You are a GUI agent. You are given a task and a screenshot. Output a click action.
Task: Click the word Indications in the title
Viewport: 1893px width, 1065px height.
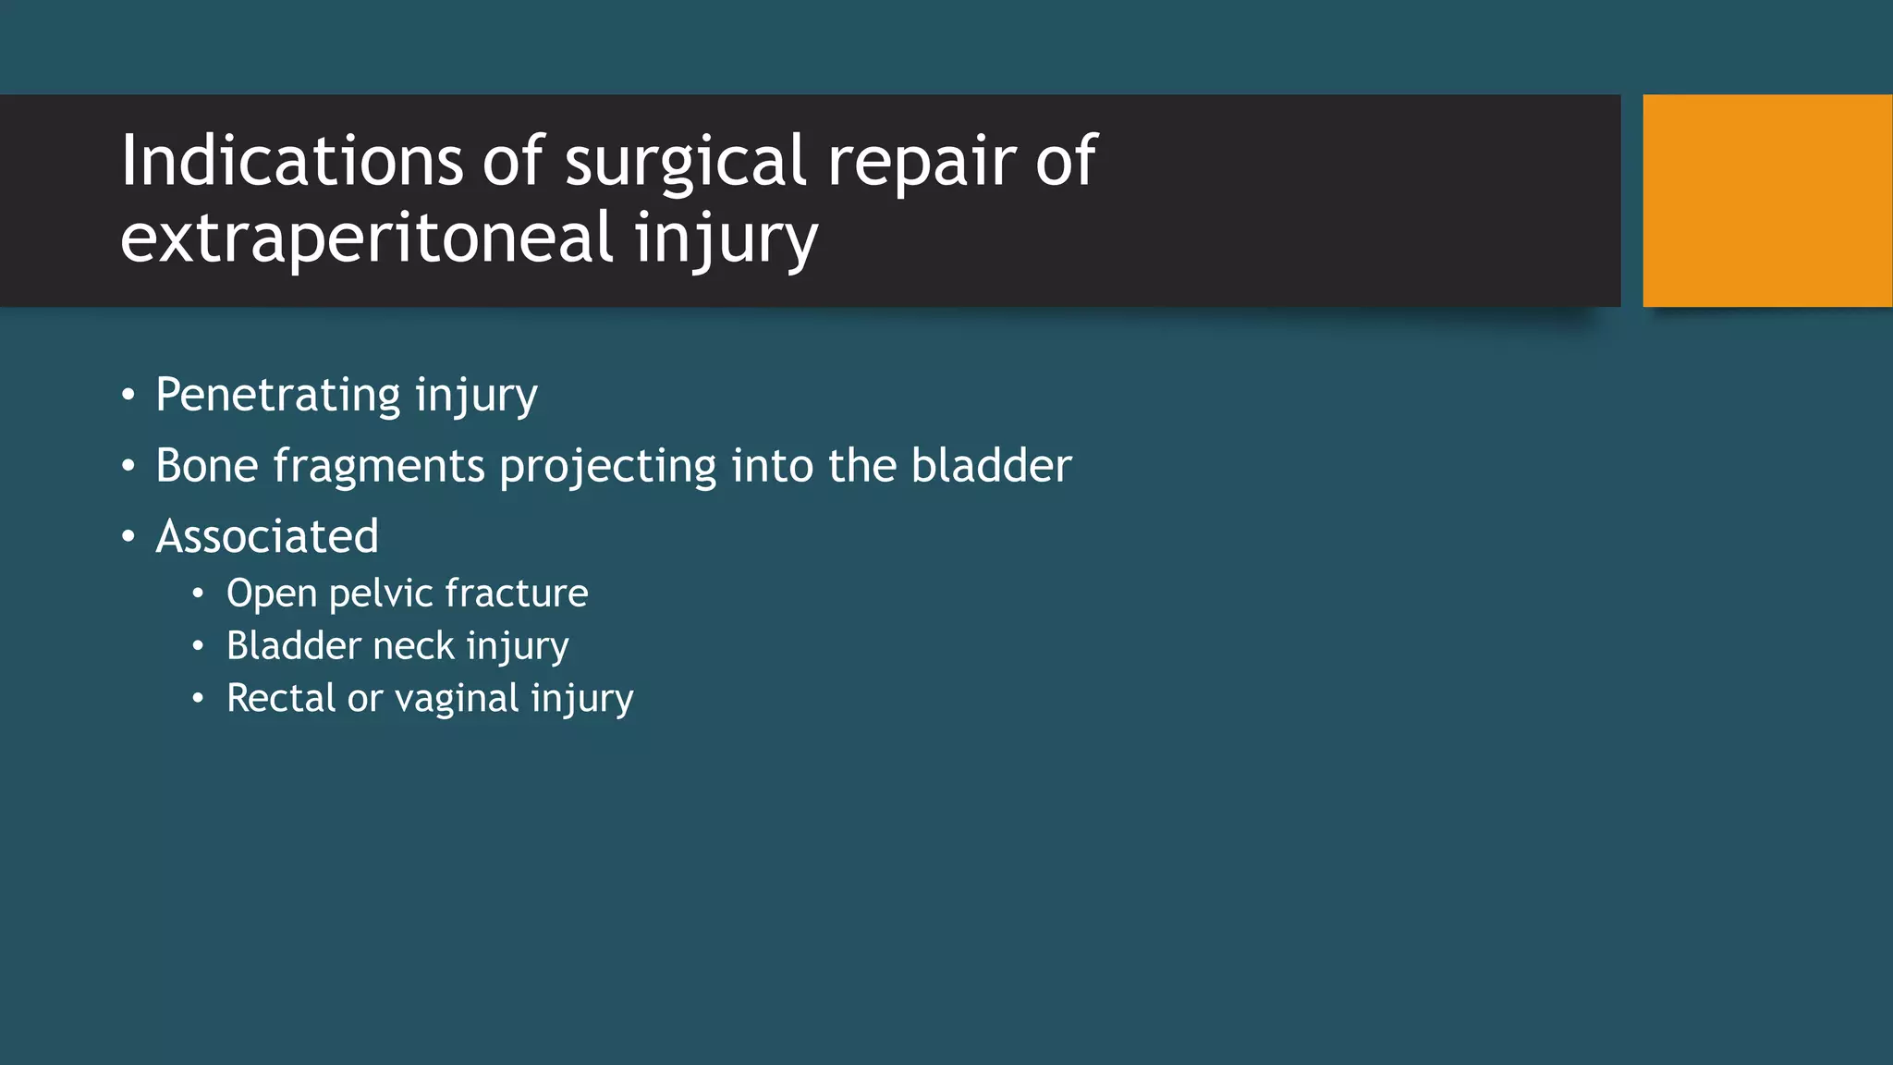coord(291,161)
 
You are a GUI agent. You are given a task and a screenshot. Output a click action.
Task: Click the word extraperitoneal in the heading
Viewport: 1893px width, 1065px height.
coord(366,237)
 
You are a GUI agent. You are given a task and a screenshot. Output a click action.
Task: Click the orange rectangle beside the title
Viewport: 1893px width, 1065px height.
coord(1766,201)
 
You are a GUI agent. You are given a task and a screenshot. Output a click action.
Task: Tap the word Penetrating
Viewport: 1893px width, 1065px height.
coord(278,396)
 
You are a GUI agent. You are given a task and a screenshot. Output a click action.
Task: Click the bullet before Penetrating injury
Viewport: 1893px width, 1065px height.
coord(128,396)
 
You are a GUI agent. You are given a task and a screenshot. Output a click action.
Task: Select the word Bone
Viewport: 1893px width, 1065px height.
coord(206,465)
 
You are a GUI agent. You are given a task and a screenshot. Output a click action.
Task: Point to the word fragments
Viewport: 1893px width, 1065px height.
coord(379,467)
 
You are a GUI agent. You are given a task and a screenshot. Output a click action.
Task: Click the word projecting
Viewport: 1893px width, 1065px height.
coord(607,467)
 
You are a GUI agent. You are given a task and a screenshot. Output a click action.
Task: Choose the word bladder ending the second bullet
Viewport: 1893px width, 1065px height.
coord(991,465)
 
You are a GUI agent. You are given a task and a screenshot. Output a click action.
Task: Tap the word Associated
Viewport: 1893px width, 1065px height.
coord(267,536)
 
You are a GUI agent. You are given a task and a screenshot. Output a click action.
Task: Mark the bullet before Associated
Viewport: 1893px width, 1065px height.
coord(128,536)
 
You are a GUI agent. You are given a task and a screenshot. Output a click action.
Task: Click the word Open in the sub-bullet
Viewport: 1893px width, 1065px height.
coord(271,594)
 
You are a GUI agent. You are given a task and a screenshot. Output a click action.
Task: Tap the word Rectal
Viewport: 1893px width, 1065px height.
coord(281,698)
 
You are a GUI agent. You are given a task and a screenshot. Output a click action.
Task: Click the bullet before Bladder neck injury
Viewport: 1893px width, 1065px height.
coord(198,645)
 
